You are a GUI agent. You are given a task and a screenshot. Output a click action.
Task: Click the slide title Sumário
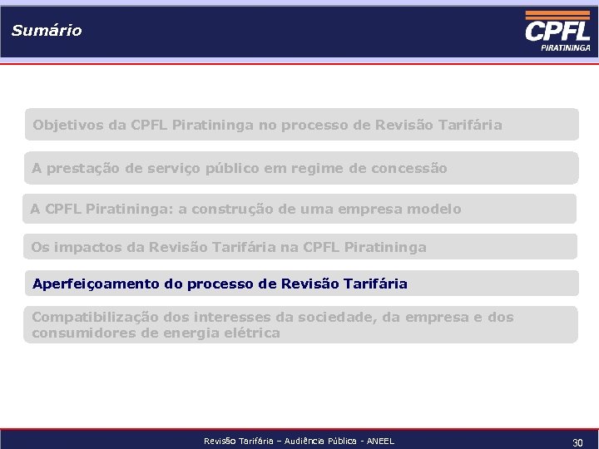click(47, 31)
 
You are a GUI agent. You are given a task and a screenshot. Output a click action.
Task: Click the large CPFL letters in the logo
click(557, 32)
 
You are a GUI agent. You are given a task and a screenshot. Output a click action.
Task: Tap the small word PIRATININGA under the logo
click(565, 48)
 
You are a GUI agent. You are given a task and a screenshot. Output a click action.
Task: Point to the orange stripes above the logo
click(557, 15)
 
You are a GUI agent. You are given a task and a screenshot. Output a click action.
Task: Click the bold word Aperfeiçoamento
click(96, 284)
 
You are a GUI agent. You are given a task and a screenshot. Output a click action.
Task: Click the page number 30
click(577, 443)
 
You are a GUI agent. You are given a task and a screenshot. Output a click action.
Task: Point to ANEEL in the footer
click(379, 442)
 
